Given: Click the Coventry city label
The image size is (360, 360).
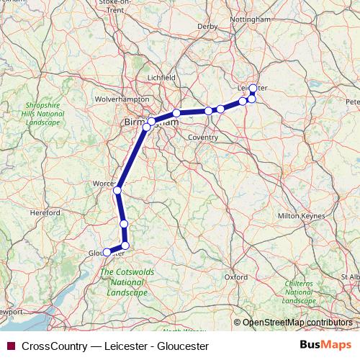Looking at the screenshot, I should pos(202,137).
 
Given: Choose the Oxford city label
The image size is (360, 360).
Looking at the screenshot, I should pos(235,276).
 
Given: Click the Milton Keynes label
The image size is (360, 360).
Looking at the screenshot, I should pos(298,216).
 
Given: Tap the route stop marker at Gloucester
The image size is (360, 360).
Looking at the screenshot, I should pos(107,252).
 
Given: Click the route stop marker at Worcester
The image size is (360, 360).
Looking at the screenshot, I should pos(117,191).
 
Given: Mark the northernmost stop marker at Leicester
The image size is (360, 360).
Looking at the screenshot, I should pos(253,88).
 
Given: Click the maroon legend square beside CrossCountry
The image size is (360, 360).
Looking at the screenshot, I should pos(10,346).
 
